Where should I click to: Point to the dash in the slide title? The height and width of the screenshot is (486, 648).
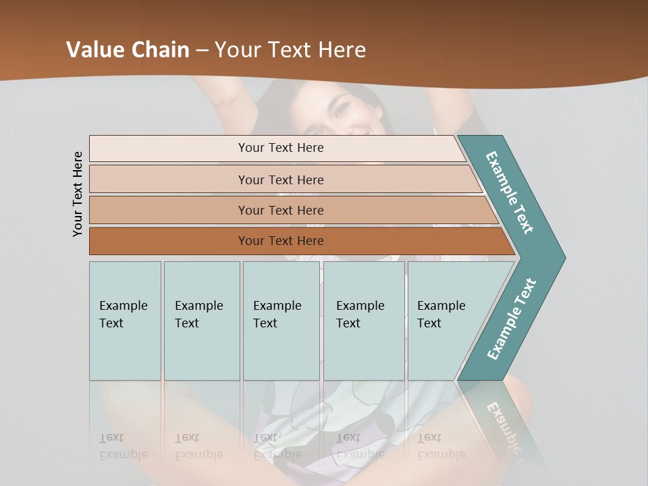click(x=202, y=50)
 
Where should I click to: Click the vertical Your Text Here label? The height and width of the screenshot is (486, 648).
click(x=78, y=194)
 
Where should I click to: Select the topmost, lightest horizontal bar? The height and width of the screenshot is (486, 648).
click(x=280, y=148)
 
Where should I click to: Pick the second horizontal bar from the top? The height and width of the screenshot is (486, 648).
click(x=280, y=180)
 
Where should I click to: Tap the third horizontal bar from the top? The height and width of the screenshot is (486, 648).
click(x=280, y=210)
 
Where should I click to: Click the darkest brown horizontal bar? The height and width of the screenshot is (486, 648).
click(x=280, y=241)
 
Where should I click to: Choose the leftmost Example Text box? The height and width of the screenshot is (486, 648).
click(x=125, y=321)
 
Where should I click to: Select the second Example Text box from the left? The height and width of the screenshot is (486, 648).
click(x=201, y=321)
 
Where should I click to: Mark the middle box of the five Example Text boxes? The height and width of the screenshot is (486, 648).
click(x=281, y=321)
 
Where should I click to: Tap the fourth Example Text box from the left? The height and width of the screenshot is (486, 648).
click(x=363, y=321)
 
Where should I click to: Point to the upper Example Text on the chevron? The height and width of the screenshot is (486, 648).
click(x=510, y=192)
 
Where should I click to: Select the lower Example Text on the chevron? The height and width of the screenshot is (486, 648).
click(x=512, y=319)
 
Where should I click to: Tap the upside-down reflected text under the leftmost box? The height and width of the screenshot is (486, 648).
click(x=123, y=446)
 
